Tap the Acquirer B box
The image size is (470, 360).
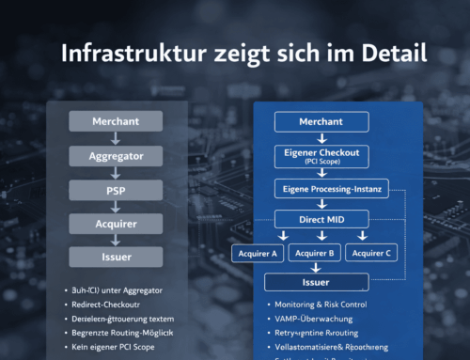pyautogui.click(x=315, y=253)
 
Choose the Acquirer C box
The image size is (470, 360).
pyautogui.click(x=371, y=253)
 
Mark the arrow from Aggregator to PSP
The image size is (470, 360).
pyautogui.click(x=117, y=173)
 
